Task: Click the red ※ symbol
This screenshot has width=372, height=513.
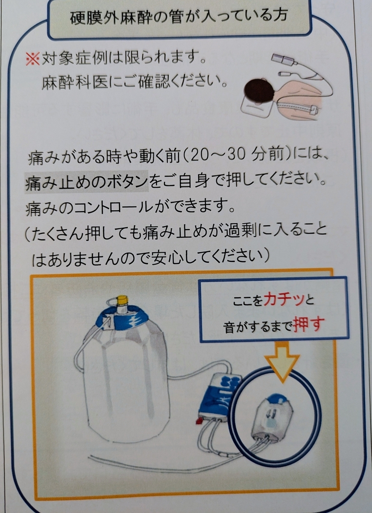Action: point(33,59)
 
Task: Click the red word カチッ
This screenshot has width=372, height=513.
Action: point(284,300)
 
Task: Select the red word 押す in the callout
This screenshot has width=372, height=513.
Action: point(309,324)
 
